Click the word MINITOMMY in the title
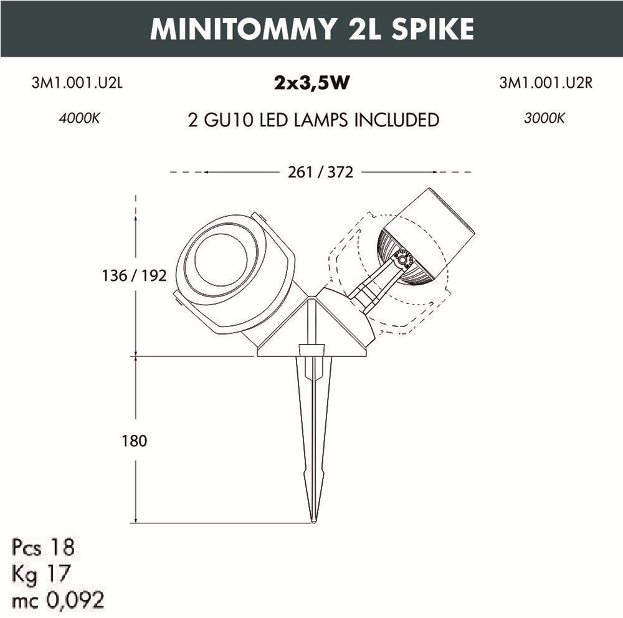click(x=243, y=29)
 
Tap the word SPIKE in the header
click(x=432, y=29)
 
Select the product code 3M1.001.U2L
click(x=77, y=83)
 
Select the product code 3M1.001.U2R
click(x=546, y=83)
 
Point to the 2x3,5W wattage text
click(x=312, y=83)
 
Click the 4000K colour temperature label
click(x=80, y=118)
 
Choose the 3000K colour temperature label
click(x=545, y=118)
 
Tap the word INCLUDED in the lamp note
click(x=396, y=120)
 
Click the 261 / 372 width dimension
click(x=320, y=173)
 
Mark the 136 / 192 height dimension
click(x=135, y=275)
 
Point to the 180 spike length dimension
click(x=135, y=440)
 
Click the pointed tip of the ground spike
click(x=313, y=522)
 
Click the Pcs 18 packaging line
click(x=44, y=547)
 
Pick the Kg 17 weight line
click(x=41, y=574)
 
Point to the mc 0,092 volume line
click(x=58, y=600)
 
